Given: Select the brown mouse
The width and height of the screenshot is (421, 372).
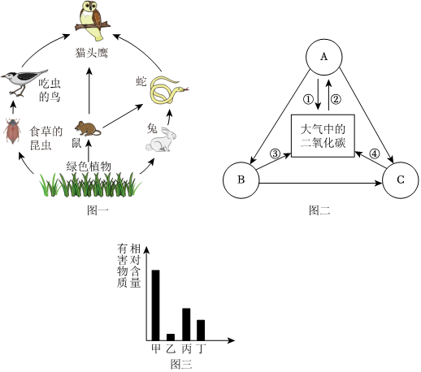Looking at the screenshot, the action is [87, 128].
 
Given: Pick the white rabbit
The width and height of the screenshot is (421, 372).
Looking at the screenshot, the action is [161, 141].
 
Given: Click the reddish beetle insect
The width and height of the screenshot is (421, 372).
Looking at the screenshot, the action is [12, 131].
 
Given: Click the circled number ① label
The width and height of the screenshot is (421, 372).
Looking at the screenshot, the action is [308, 99].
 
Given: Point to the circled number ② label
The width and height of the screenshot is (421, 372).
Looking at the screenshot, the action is [336, 99].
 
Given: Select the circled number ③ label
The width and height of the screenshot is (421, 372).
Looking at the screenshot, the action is [275, 154].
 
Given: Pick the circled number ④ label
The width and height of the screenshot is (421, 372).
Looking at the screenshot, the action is [374, 154].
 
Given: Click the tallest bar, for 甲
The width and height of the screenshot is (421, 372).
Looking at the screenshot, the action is [155, 305].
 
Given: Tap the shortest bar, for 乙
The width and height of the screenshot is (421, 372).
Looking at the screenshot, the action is [171, 337].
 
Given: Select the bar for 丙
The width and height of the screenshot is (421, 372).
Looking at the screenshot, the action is [186, 324].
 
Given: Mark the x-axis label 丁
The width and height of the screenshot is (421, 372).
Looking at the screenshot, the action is [201, 348].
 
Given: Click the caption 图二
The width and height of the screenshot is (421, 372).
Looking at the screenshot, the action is [319, 210].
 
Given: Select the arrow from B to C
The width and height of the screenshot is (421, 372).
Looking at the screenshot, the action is [321, 184].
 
